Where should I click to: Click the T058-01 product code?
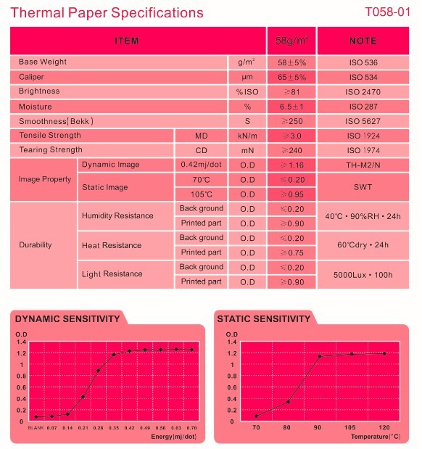(x=388, y=12)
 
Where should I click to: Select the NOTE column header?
(x=363, y=41)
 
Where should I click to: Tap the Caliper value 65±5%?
(x=291, y=77)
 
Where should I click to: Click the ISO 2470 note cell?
(x=363, y=92)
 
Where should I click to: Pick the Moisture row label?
(x=36, y=107)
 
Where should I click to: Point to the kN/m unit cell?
(x=247, y=136)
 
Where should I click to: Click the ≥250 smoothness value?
(x=291, y=121)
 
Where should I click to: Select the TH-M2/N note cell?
(x=363, y=165)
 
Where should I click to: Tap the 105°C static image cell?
(x=202, y=194)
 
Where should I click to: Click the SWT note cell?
(x=363, y=187)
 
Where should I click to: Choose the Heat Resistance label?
(x=112, y=245)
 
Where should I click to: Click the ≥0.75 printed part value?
(x=291, y=253)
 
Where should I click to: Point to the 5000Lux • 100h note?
(x=363, y=275)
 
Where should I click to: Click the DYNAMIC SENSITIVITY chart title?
(x=67, y=318)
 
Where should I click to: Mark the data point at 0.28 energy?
(x=98, y=371)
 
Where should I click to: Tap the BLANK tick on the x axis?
(x=36, y=428)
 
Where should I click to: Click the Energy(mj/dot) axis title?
(x=174, y=437)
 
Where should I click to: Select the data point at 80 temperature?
(x=288, y=402)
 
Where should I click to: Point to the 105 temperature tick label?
(x=349, y=427)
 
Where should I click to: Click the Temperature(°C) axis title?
(x=376, y=437)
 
